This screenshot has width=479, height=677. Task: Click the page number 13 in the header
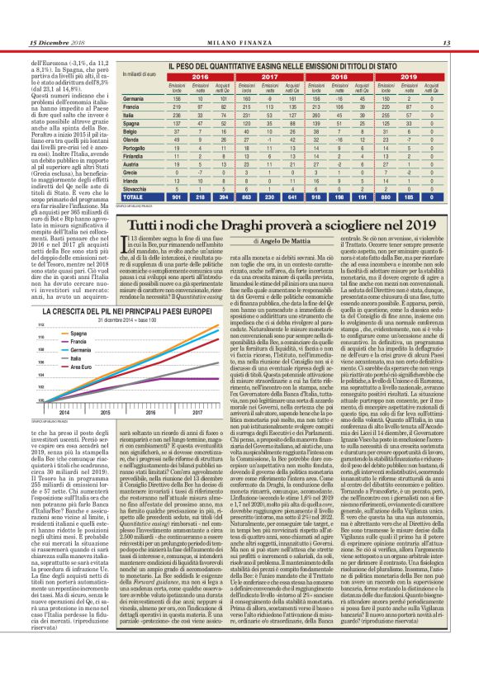(x=445, y=43)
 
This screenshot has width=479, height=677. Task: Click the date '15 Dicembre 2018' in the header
(x=58, y=43)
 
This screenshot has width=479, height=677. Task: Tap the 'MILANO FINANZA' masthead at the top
(x=239, y=43)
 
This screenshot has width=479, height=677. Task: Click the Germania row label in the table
(x=134, y=97)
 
